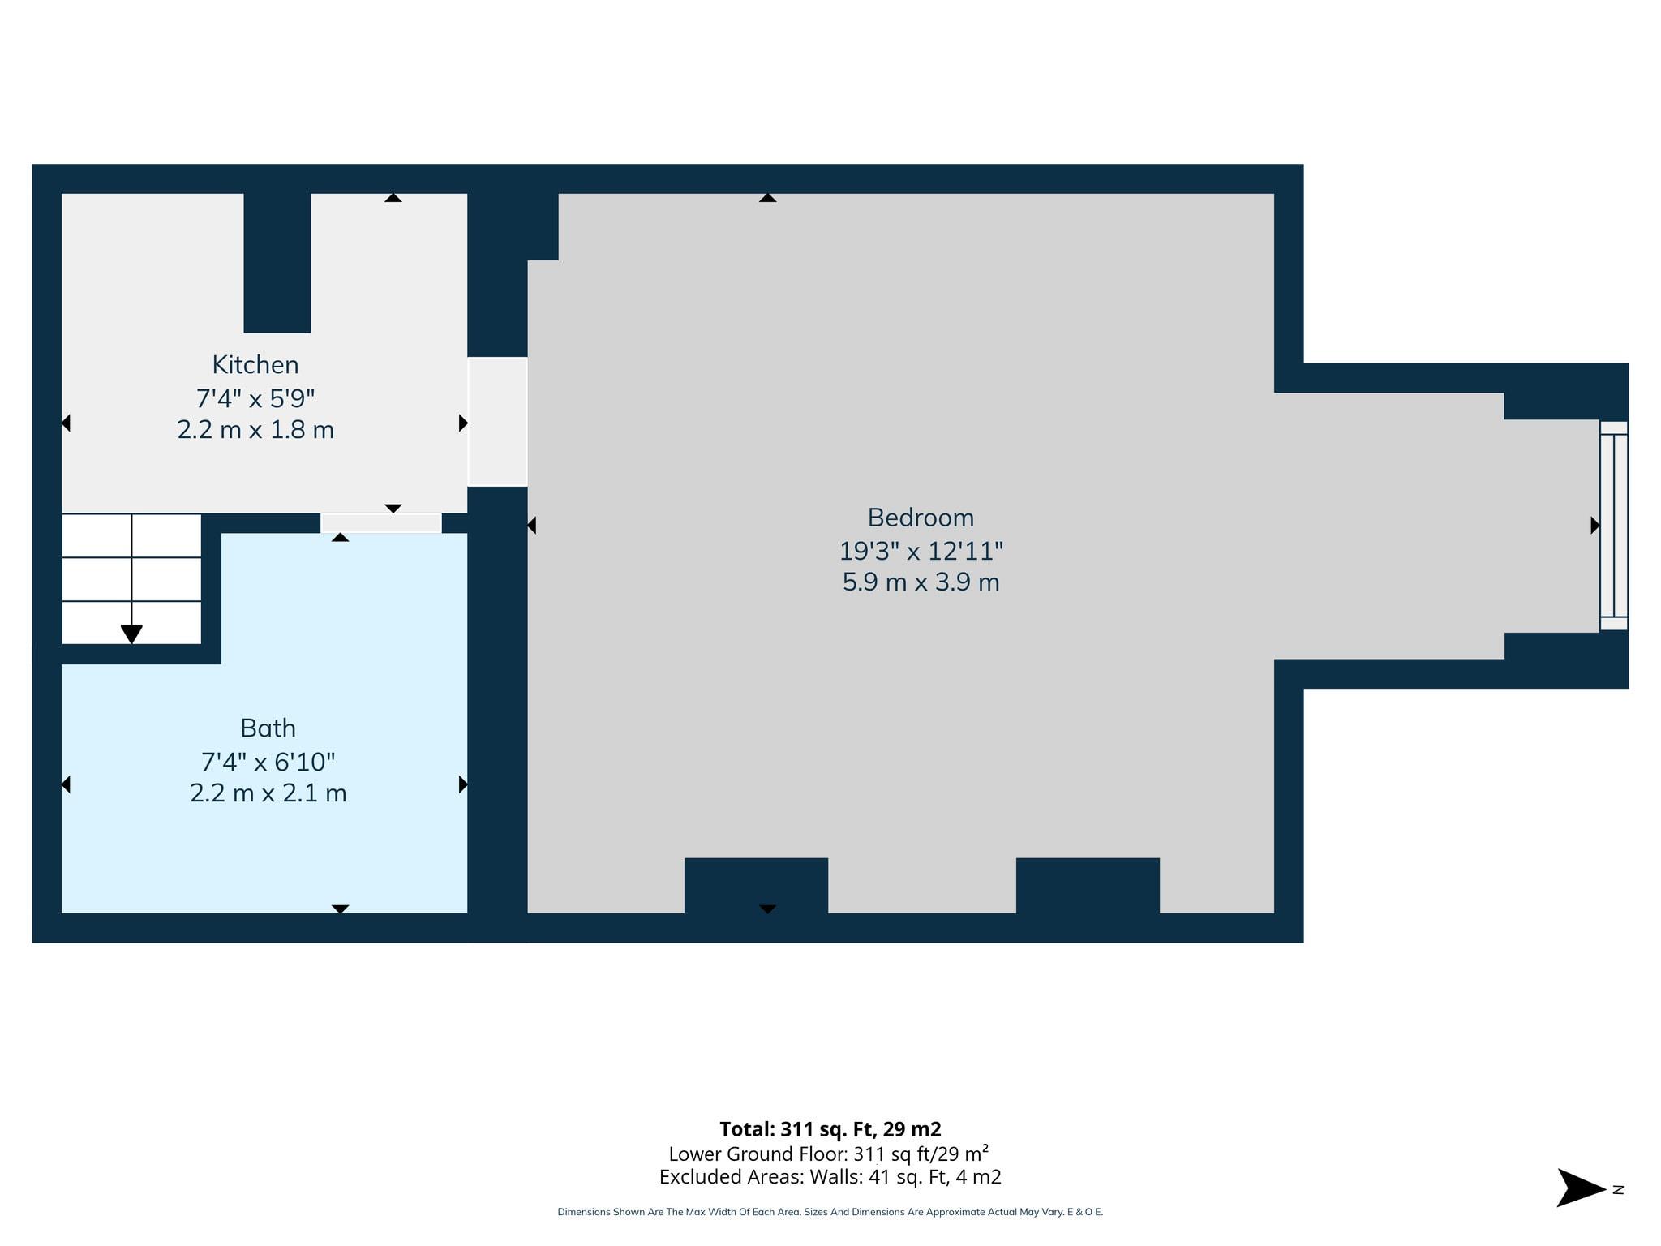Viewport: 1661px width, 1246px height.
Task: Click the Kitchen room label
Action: (255, 365)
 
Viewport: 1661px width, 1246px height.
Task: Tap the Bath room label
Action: (268, 728)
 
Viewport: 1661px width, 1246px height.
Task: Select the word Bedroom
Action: (921, 518)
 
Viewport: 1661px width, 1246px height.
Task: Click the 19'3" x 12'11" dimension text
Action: (921, 552)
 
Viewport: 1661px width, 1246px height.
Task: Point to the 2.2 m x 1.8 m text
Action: (255, 430)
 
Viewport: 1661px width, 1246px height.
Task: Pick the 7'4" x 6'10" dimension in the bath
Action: (268, 762)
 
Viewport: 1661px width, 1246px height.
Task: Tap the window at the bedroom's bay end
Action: (1613, 526)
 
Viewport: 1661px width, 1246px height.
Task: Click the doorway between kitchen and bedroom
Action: (497, 422)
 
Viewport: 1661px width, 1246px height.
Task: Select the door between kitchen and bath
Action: (380, 523)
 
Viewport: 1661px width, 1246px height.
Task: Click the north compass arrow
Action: (1580, 1188)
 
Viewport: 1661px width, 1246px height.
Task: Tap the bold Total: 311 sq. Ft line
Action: (830, 1129)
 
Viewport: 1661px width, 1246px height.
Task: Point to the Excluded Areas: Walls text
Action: (830, 1177)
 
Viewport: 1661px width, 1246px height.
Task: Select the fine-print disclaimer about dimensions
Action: (830, 1212)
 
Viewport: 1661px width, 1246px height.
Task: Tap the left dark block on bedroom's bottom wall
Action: (756, 886)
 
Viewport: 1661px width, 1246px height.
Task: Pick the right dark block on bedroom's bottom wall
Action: (1088, 886)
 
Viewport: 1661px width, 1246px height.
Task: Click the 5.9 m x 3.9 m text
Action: (921, 582)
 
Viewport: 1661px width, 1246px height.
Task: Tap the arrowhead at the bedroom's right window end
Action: (1594, 526)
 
